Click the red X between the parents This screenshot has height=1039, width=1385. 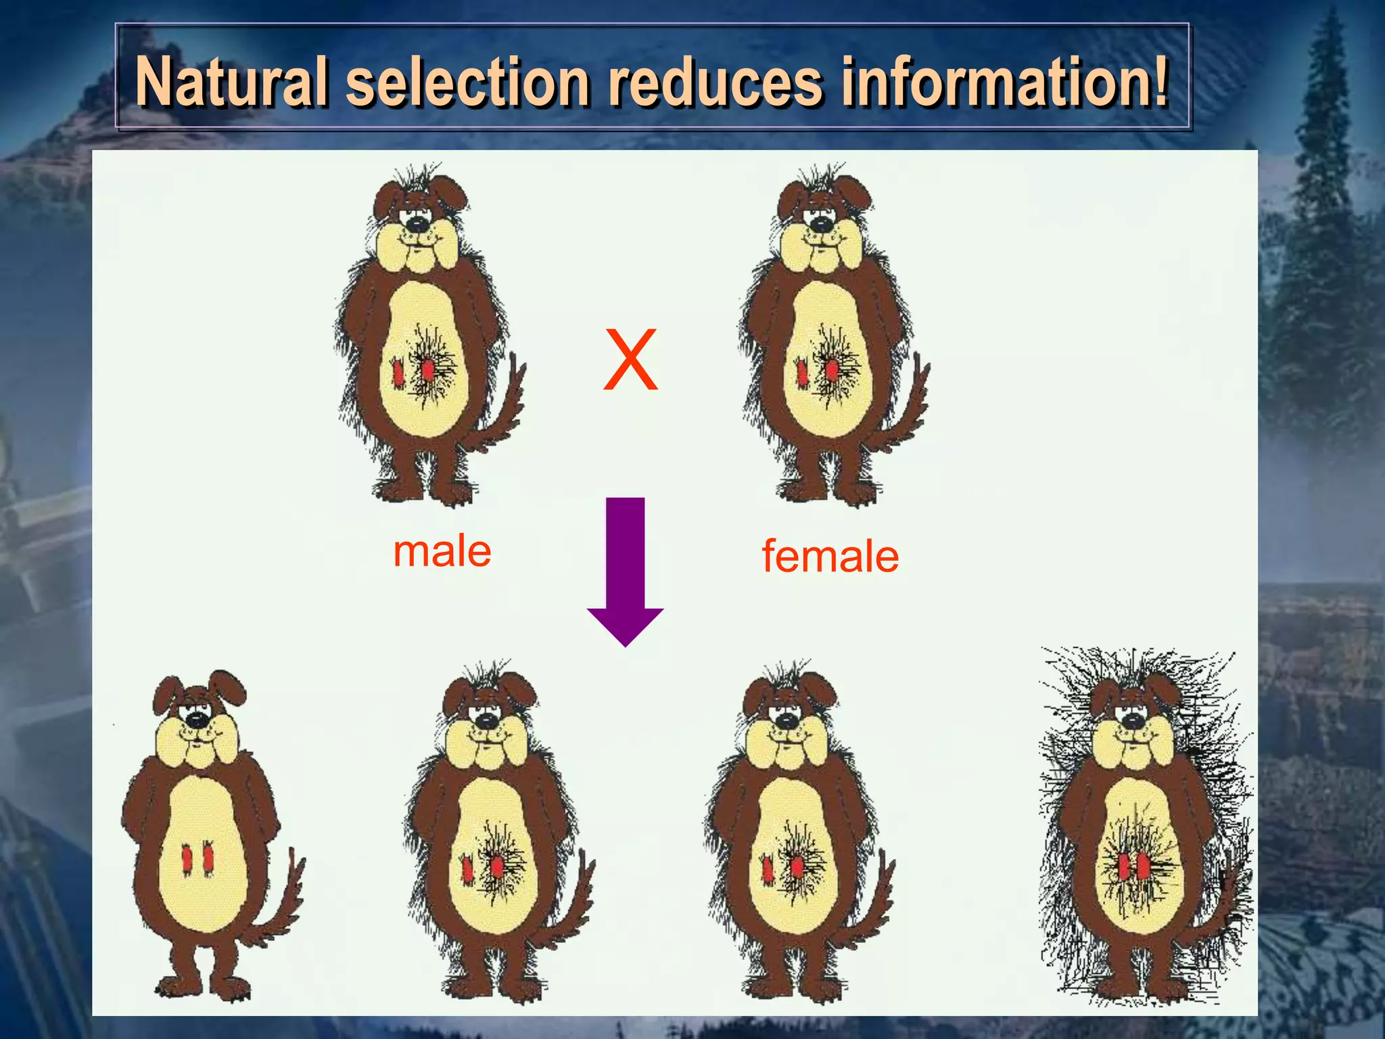click(630, 359)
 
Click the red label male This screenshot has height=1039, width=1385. click(442, 551)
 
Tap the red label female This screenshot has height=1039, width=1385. click(830, 557)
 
